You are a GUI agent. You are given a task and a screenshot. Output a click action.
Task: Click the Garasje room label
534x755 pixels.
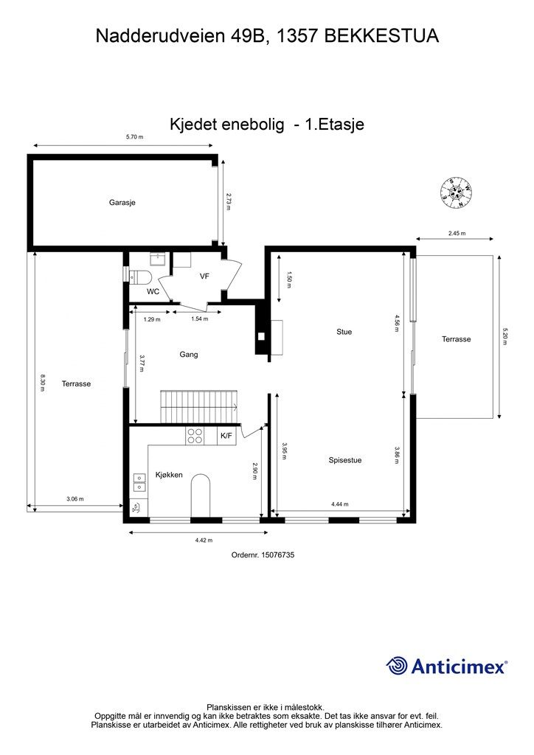tap(122, 203)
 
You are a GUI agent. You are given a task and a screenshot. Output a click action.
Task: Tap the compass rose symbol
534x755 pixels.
tap(456, 193)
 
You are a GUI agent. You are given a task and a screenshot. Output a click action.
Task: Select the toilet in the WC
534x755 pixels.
tap(141, 277)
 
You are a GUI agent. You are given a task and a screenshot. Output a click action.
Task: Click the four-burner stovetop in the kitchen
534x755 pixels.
tap(195, 436)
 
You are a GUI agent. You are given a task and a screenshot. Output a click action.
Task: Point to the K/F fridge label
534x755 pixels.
tap(226, 436)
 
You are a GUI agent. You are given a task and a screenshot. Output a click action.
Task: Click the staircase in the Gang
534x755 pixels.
tap(199, 407)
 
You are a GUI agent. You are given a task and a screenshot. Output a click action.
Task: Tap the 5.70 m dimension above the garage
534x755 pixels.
tap(135, 136)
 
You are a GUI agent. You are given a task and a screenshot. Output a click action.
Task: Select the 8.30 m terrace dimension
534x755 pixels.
tap(42, 383)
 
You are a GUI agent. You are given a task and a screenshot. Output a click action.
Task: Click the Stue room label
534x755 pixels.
tap(344, 332)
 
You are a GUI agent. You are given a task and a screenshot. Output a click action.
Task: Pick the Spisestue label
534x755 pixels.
tap(344, 460)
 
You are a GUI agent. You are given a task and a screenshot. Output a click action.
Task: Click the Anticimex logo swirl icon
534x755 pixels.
tap(398, 666)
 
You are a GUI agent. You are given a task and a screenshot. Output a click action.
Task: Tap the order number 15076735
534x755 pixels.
tap(277, 554)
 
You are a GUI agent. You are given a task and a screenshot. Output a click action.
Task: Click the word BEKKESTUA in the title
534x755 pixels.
tap(381, 36)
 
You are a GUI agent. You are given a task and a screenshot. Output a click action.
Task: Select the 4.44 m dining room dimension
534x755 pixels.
tap(339, 504)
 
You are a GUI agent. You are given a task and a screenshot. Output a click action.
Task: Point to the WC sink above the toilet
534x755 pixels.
tap(158, 259)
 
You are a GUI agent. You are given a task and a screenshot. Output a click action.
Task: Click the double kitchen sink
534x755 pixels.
tap(139, 482)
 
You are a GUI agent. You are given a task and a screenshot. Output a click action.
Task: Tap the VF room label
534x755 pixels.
tap(204, 276)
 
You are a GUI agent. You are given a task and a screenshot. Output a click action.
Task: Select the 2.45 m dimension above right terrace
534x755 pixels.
tap(457, 234)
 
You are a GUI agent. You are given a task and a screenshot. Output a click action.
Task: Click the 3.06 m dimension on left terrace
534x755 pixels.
tap(75, 499)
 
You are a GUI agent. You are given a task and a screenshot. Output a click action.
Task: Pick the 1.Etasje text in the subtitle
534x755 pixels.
tap(335, 124)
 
